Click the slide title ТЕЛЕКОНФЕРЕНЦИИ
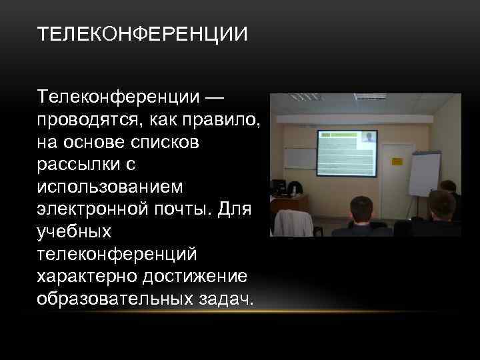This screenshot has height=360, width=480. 142,33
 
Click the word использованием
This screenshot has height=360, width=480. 109,185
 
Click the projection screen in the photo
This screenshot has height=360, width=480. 346,153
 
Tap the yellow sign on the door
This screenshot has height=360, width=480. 397,161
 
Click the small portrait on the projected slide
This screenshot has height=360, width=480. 368,137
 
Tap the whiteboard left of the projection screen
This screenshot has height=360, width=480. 300,157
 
